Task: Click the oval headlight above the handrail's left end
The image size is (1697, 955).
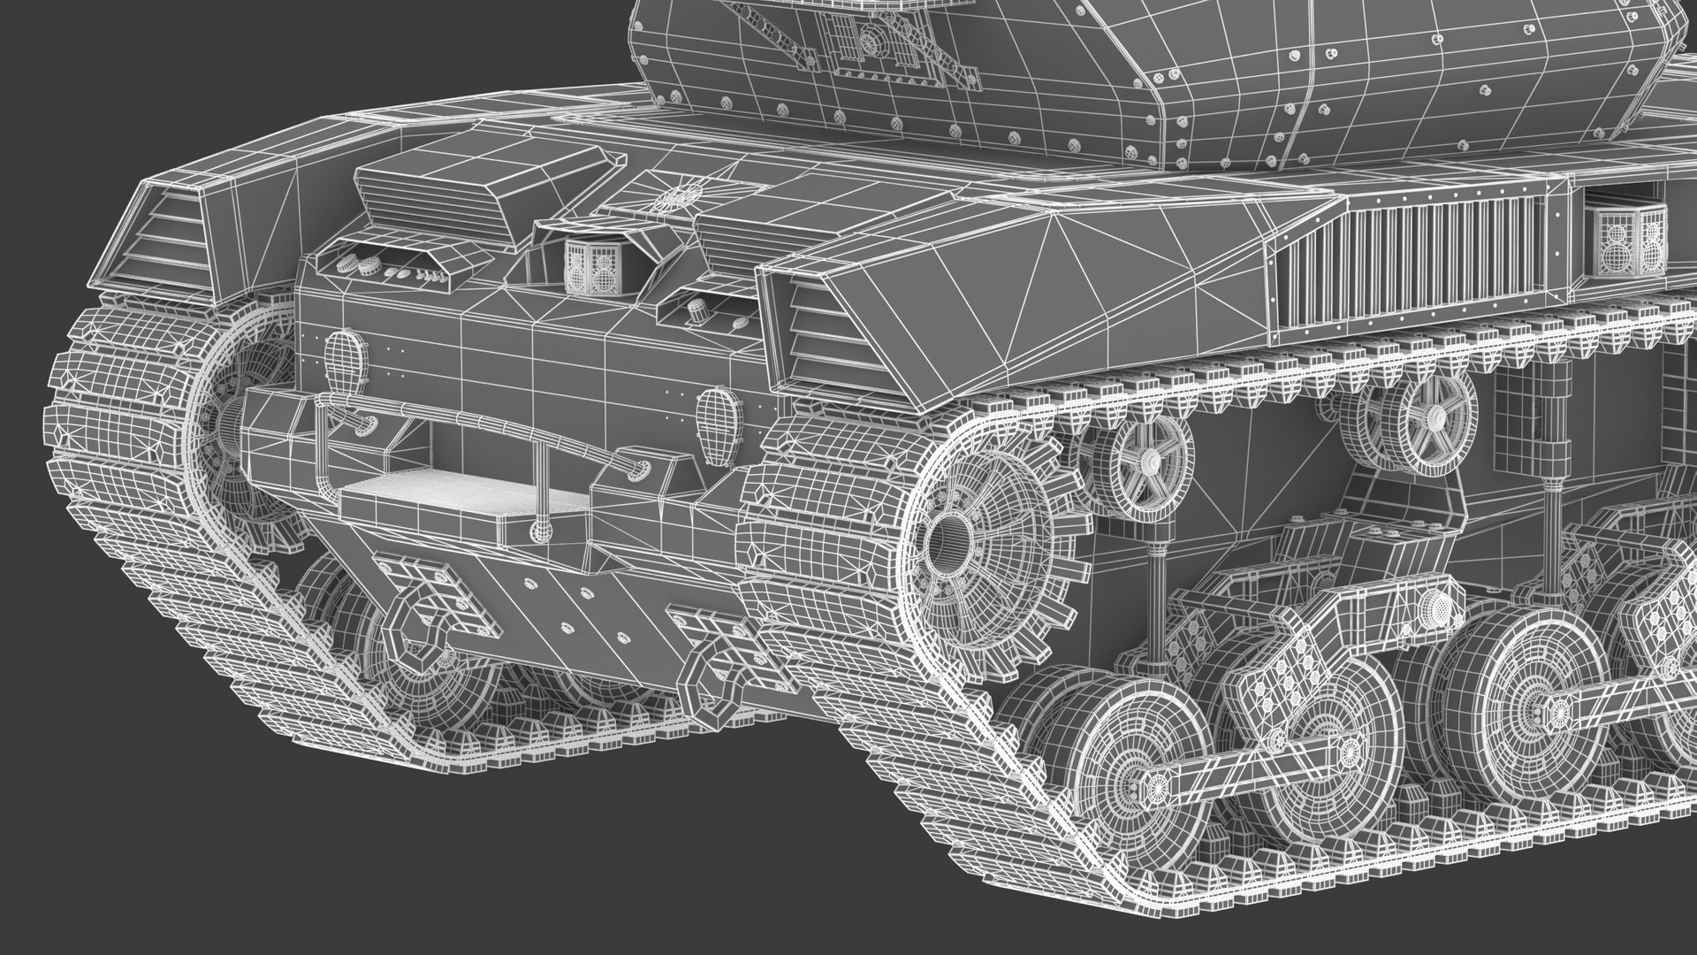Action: (x=344, y=362)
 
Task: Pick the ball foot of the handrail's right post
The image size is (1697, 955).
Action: (x=538, y=531)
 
